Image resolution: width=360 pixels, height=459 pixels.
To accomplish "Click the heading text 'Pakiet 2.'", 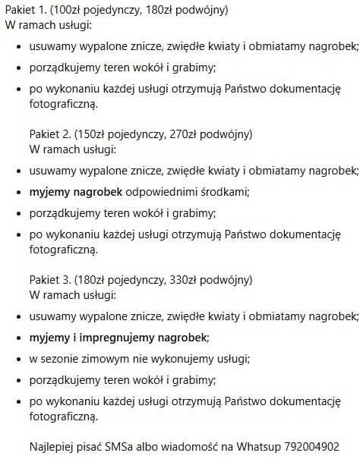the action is pos(50,134).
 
